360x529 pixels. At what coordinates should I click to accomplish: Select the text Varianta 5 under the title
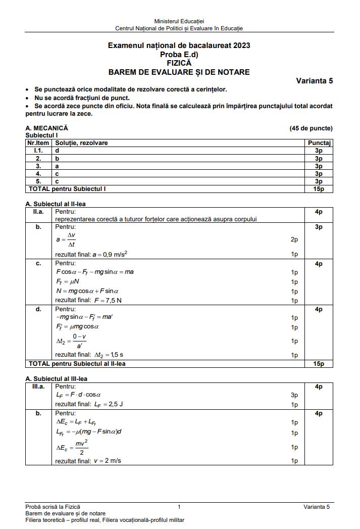[314, 81]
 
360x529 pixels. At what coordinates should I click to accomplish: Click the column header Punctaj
[319, 143]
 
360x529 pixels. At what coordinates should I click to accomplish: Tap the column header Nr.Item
[39, 143]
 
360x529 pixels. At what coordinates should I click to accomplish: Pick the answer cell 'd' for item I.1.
[57, 151]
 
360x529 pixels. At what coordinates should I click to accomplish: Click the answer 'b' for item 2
[57, 158]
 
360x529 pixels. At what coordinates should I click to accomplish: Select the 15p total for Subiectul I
[319, 189]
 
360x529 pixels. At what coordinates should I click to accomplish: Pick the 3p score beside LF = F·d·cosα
[294, 395]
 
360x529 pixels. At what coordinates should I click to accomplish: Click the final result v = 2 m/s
[88, 461]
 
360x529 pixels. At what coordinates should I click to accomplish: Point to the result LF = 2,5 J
[89, 405]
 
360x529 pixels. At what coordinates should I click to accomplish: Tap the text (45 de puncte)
[311, 128]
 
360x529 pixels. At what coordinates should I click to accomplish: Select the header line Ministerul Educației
[179, 21]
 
